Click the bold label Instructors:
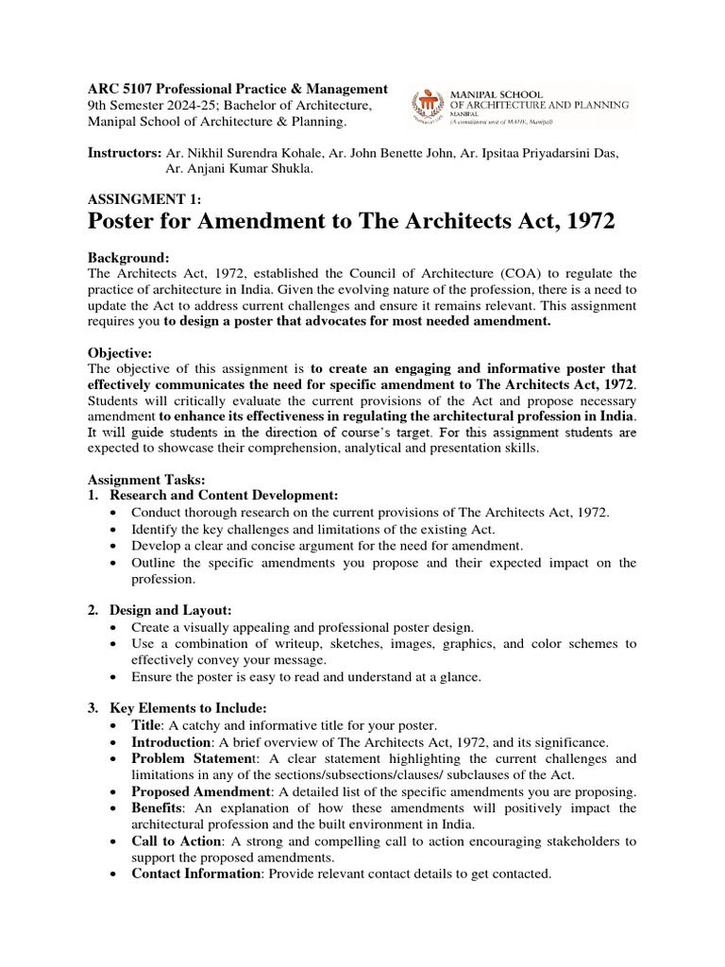tap(125, 153)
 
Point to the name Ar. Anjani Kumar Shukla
tap(239, 169)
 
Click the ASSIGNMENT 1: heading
tap(144, 199)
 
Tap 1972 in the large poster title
tap(582, 223)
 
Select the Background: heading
tap(128, 258)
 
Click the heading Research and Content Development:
tap(224, 495)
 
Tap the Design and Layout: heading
tap(171, 611)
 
